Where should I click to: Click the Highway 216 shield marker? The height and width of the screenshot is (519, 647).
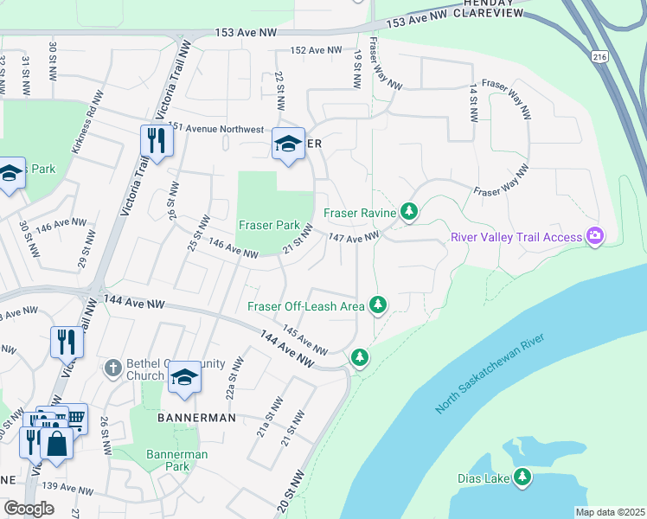point(598,56)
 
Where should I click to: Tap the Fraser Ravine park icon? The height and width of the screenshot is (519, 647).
point(409,211)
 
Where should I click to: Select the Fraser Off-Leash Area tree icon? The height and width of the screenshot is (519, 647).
point(378,304)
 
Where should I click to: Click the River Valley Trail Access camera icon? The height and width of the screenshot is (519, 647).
point(594,236)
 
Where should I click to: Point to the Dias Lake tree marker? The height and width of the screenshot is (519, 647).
point(522,477)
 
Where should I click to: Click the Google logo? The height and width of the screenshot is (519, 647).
point(29,509)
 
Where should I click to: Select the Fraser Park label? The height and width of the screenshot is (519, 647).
point(269,226)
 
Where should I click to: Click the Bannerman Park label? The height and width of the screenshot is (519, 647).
point(167,460)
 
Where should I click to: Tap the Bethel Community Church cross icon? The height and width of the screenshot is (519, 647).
point(112,368)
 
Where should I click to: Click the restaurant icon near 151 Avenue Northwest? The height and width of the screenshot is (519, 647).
point(156,140)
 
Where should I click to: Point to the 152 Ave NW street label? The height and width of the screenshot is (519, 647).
point(317,51)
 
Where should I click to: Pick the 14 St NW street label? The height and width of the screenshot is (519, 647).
point(473,102)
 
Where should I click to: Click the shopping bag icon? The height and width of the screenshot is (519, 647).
point(56,444)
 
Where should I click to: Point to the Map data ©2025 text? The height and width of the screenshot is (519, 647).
point(611,512)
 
